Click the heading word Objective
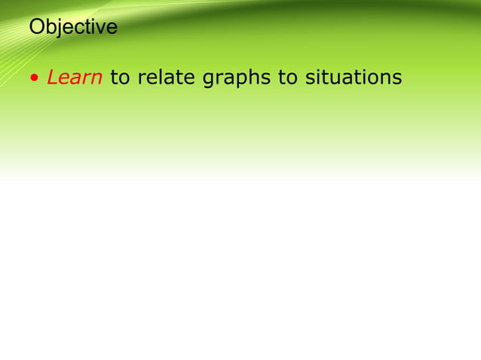pyautogui.click(x=73, y=28)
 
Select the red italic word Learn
pyautogui.click(x=75, y=78)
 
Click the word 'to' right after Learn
pyautogui.click(x=119, y=78)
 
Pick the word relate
pyautogui.click(x=165, y=78)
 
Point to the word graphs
pyautogui.click(x=237, y=78)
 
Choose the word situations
pyautogui.click(x=353, y=78)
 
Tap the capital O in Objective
pyautogui.click(x=36, y=28)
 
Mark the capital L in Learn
pyautogui.click(x=52, y=78)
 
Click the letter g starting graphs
pyautogui.click(x=209, y=80)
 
